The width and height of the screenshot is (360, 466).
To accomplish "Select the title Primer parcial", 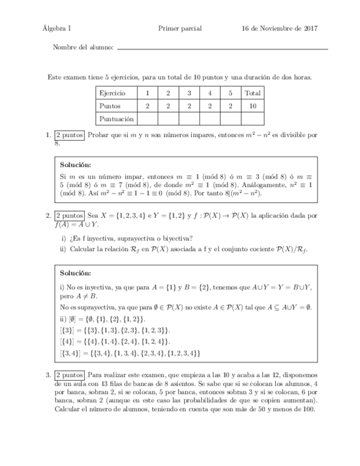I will (x=180, y=29).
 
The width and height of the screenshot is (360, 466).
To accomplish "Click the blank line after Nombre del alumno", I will (x=223, y=48).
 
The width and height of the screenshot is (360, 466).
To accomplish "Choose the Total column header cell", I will (x=253, y=93).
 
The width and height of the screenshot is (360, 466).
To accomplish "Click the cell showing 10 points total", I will (x=253, y=106).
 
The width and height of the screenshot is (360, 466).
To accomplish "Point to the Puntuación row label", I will (x=116, y=118).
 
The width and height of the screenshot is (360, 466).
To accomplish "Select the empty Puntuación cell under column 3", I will (x=189, y=118).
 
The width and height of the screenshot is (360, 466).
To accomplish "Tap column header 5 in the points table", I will (x=231, y=93).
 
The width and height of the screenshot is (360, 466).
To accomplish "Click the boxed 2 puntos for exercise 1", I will (x=69, y=135).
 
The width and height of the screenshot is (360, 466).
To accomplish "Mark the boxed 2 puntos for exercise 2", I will (x=69, y=216).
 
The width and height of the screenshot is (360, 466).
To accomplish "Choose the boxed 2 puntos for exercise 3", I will (x=69, y=375).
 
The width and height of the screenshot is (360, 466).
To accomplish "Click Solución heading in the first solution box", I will (x=76, y=165).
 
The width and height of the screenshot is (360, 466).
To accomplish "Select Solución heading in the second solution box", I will (x=76, y=273).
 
